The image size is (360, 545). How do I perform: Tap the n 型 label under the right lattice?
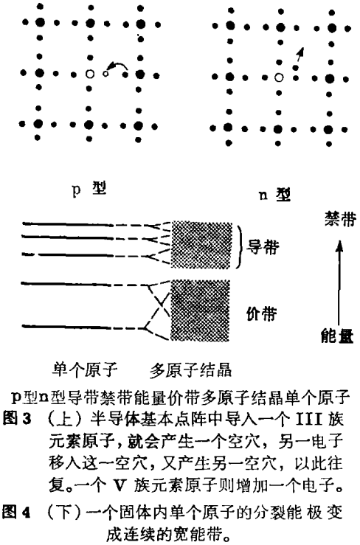[x=274, y=195]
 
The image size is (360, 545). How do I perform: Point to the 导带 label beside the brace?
[x=263, y=247]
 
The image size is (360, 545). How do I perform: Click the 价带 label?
[x=262, y=313]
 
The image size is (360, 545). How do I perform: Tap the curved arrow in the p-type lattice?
[x=117, y=64]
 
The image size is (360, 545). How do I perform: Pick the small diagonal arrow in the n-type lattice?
[x=299, y=56]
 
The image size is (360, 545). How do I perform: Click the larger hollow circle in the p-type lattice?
[x=90, y=74]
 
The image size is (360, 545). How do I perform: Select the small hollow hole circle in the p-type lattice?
[x=105, y=73]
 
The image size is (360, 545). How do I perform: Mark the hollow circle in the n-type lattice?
[x=279, y=77]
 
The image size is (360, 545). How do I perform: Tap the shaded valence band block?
[x=200, y=310]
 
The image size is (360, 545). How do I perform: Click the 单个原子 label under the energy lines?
[x=85, y=369]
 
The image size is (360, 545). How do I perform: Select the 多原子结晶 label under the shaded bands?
[x=190, y=370]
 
